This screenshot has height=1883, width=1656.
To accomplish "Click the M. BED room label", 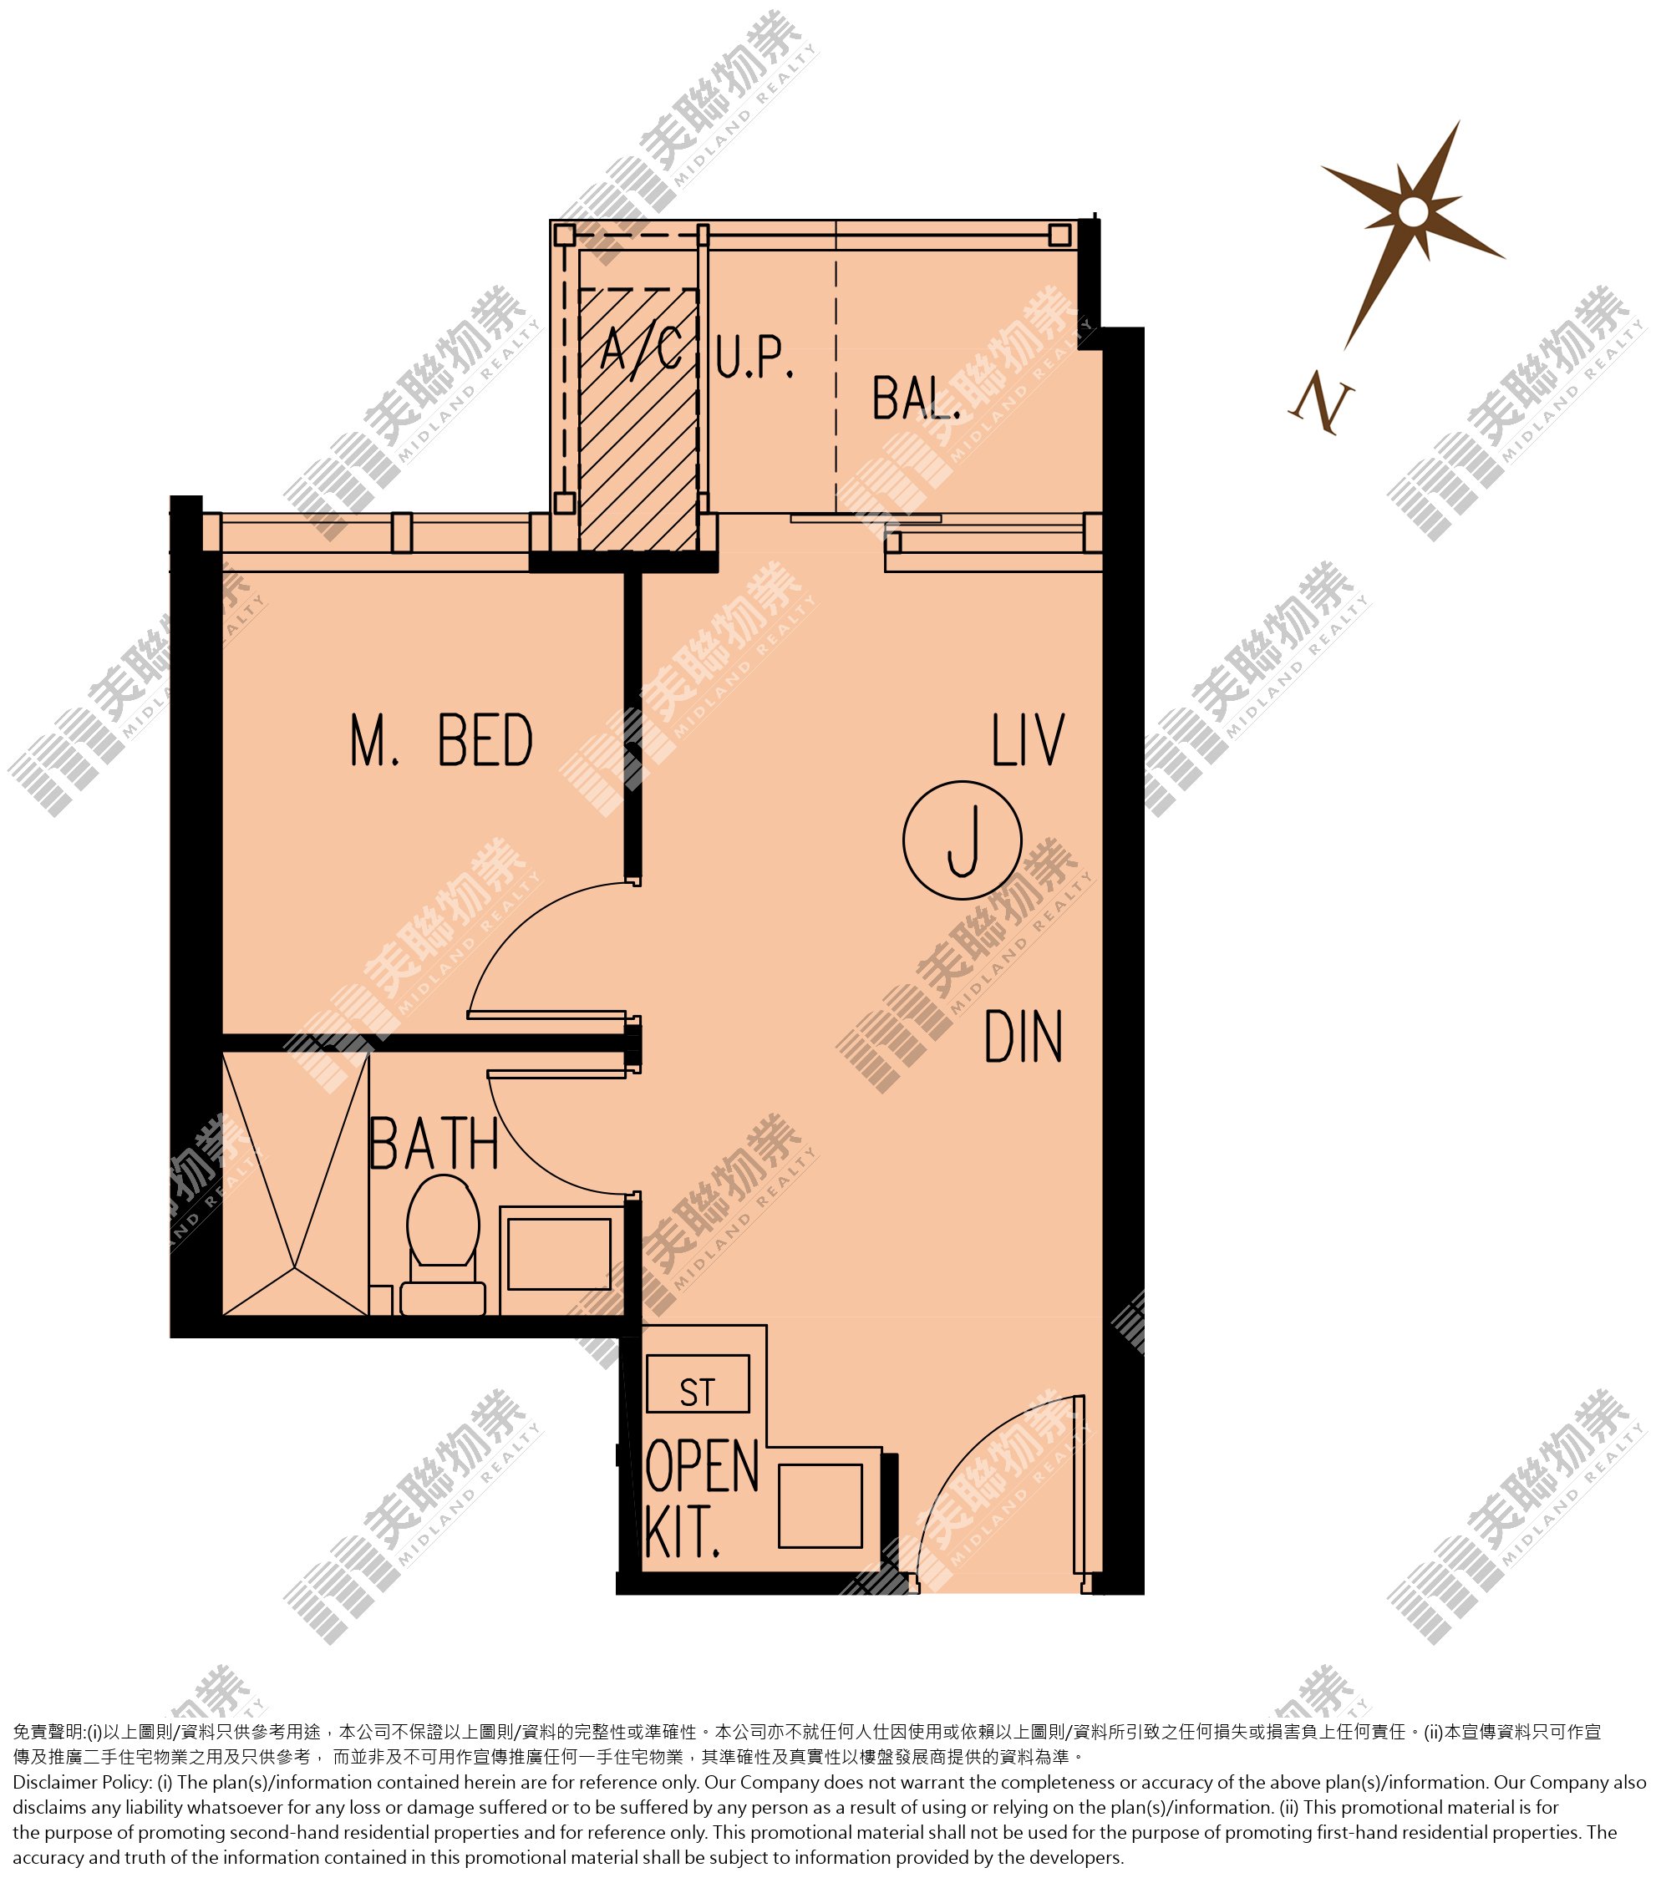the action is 441,741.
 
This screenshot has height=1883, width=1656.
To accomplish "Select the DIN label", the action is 1023,1038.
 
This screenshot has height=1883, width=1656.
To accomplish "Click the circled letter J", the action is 962,840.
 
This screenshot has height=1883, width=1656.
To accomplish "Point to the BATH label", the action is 434,1145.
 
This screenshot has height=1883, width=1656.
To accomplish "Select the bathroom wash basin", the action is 559,1255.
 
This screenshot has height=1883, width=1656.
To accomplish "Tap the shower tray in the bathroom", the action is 296,1185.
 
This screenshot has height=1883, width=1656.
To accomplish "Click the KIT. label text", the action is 682,1532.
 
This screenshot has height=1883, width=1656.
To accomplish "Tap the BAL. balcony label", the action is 916,398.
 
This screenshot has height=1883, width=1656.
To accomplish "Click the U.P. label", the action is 754,358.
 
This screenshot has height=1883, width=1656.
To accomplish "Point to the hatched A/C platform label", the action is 643,350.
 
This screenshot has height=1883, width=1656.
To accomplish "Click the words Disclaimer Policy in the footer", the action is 82,1784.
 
